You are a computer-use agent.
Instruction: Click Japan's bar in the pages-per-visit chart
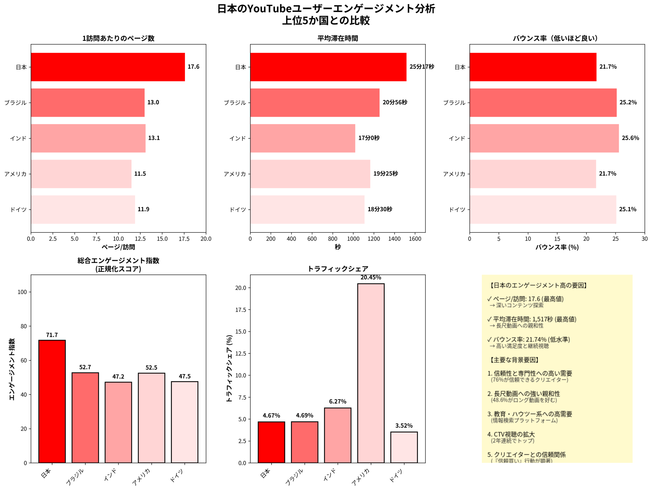107,67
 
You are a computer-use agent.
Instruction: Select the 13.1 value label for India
154,138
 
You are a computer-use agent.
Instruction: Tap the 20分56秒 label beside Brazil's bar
395,103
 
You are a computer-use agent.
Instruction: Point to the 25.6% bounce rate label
630,138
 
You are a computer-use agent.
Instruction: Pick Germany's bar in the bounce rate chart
543,209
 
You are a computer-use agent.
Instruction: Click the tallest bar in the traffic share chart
371,373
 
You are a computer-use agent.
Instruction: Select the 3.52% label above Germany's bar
404,426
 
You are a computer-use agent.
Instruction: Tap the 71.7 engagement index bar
52,401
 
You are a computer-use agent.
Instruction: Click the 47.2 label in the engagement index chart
118,377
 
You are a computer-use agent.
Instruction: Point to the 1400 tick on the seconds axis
394,239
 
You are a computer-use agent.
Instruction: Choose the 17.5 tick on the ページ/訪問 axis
184,239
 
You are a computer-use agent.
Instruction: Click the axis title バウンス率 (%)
557,247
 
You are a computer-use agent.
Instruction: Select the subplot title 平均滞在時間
337,38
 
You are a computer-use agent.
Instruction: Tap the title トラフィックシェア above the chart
337,268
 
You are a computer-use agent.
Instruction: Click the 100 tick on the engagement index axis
22,292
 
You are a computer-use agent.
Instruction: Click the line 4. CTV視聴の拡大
511,434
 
